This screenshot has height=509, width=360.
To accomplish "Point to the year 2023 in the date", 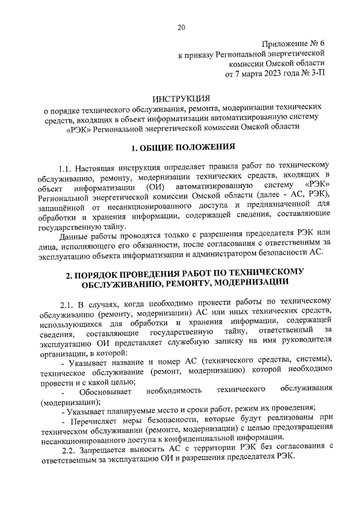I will click(263, 74).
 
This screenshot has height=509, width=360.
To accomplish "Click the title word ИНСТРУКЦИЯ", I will click(180, 98).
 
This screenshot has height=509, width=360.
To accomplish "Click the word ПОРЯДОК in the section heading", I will click(97, 273).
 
